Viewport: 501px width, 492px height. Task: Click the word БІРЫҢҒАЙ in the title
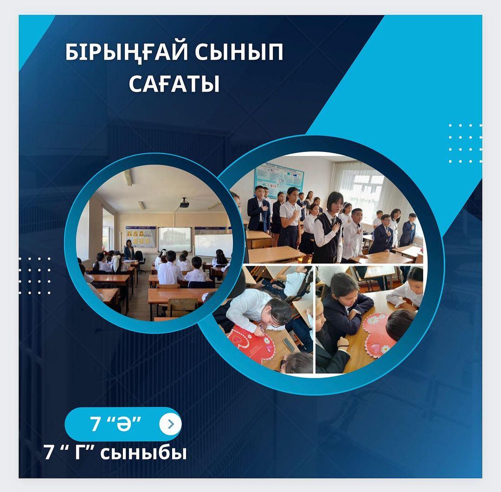coord(127,52)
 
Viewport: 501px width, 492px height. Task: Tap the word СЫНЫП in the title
coord(239,52)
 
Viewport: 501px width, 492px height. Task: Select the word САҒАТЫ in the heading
coord(174,84)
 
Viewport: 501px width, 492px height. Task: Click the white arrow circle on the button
coord(170,424)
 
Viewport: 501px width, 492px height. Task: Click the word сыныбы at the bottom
coord(143,453)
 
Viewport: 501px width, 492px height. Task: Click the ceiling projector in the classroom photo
coord(184,203)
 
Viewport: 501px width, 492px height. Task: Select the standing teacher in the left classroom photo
coord(129,249)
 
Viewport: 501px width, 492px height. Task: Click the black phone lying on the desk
coord(289,344)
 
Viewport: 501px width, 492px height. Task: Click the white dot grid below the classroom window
coord(35,276)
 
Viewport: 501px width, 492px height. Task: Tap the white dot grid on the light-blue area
coord(465,144)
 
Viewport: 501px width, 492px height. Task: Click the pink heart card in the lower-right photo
coord(379,335)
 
